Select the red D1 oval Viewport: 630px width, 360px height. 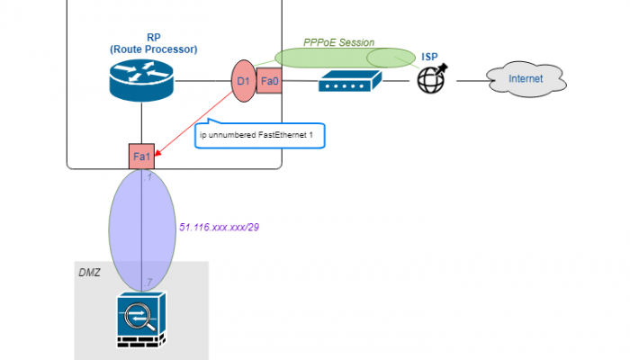coord(242,82)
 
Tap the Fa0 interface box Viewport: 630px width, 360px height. coord(270,81)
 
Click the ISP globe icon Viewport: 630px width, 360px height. coord(431,80)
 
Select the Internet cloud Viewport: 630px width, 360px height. coord(526,80)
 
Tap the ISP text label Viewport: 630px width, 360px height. coord(431,57)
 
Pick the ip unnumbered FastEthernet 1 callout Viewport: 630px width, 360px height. coord(260,136)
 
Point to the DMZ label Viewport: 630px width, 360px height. coord(89,272)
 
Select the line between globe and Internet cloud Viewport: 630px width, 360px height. coord(468,81)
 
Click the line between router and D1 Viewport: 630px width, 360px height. coord(202,81)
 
